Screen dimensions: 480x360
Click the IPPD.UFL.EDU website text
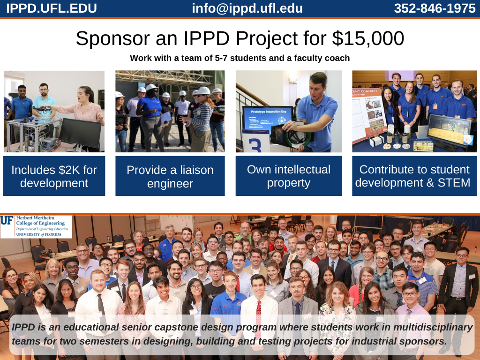point(52,8)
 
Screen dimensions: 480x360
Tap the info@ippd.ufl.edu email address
point(247,8)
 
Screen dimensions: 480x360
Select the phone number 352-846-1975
point(435,8)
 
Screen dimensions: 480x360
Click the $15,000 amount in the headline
point(368,38)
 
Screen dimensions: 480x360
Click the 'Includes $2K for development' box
point(54,176)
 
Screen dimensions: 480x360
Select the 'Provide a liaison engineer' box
point(170,176)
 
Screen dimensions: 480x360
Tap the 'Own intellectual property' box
point(289,176)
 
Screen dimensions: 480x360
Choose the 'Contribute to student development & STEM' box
point(414,176)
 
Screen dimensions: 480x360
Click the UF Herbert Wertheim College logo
point(36,226)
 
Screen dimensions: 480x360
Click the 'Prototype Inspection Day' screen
point(268,119)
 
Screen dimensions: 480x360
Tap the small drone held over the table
point(41,109)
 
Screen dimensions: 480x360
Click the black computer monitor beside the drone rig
point(80,134)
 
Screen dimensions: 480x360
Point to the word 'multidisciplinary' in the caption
point(433,327)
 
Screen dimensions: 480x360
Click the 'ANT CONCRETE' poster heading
point(365,91)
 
